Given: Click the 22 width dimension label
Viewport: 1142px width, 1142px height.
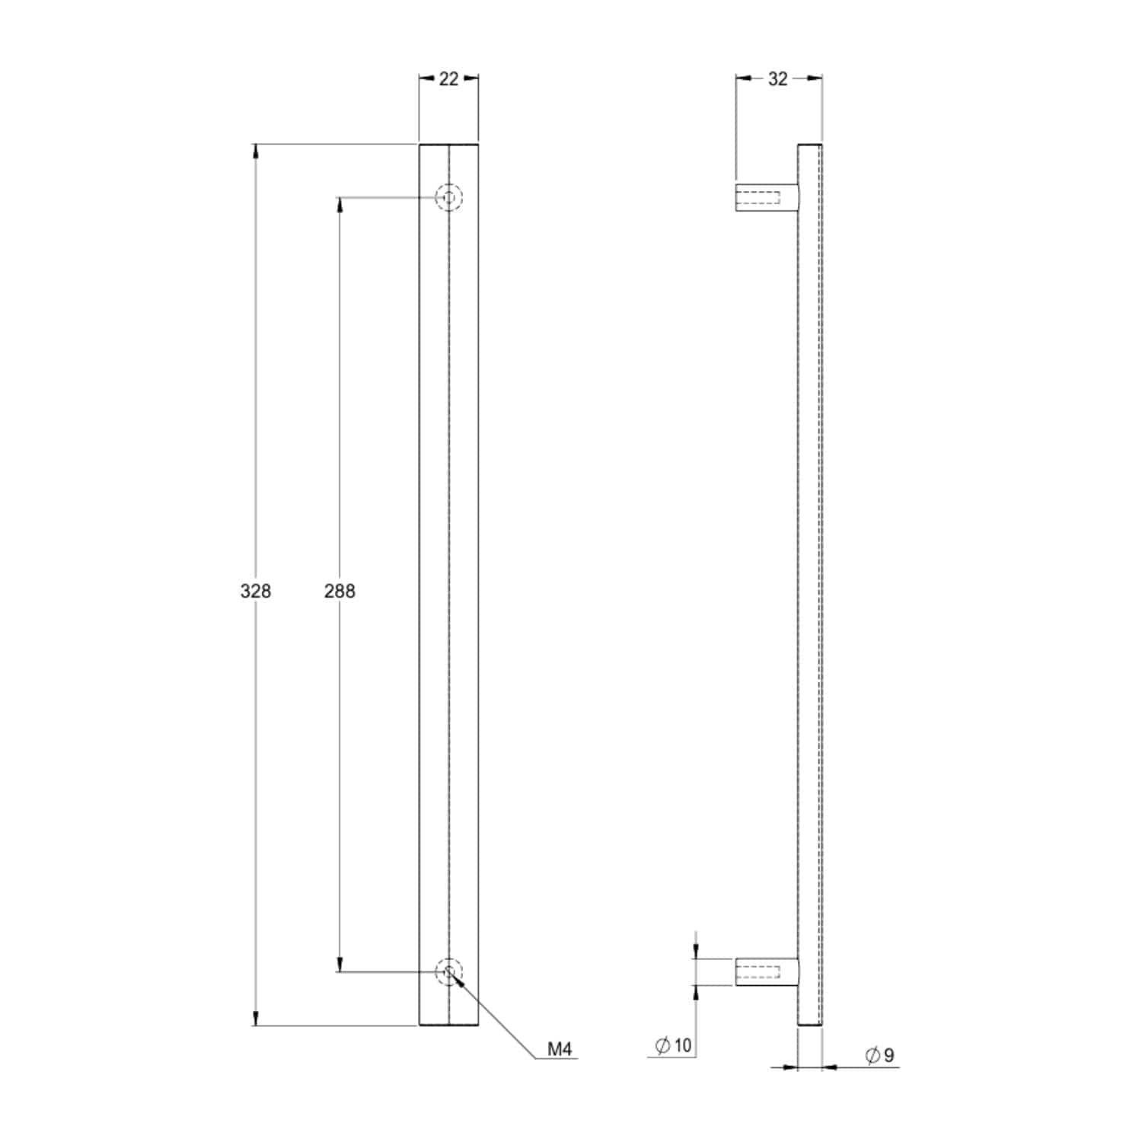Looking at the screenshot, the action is [x=449, y=78].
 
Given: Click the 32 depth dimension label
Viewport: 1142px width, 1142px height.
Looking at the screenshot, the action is [x=777, y=78].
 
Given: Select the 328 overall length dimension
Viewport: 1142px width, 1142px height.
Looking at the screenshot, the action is [x=256, y=591].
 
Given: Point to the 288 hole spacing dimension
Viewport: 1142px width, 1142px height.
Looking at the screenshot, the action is [x=340, y=591].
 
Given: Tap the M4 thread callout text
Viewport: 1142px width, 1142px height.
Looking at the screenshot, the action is [x=560, y=1049].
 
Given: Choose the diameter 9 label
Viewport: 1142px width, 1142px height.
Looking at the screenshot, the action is [x=880, y=1055].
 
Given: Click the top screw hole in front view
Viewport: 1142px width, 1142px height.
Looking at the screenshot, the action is [x=449, y=198].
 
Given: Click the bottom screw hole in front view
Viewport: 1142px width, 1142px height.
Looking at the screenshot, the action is [x=449, y=971].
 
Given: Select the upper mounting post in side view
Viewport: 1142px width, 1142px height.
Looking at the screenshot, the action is [x=767, y=198].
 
